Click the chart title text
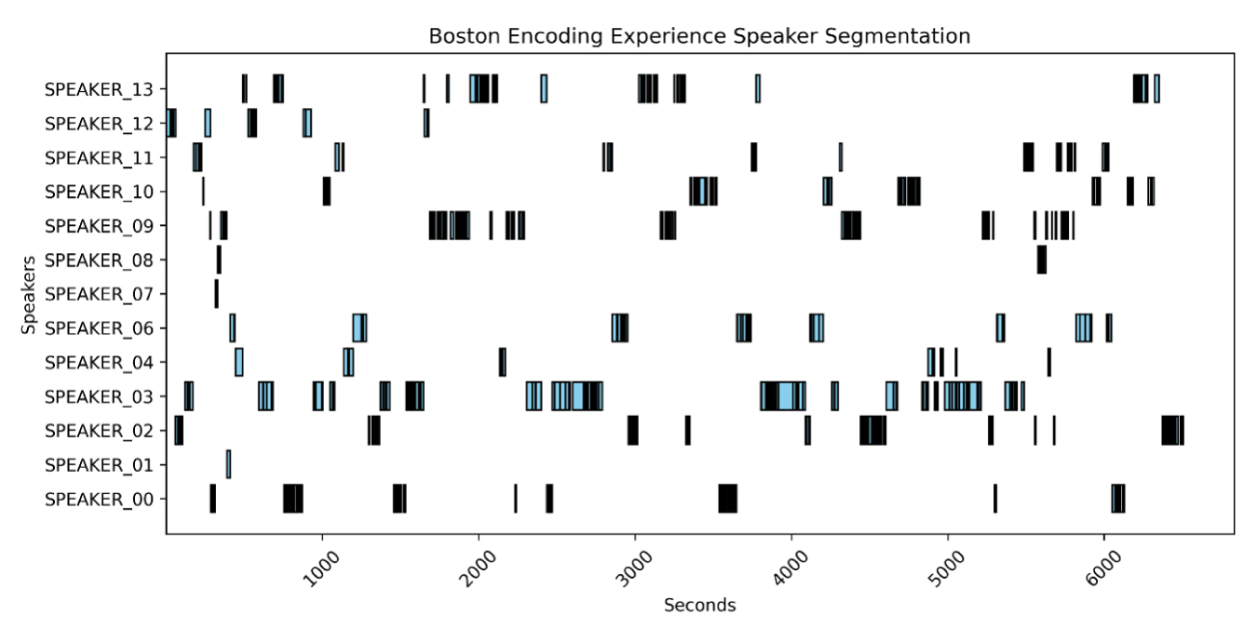pos(699,36)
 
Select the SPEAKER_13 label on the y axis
pos(105,89)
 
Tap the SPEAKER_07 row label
pos(105,294)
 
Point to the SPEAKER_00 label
pos(105,499)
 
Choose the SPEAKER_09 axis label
pos(105,226)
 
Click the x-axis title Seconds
pos(699,606)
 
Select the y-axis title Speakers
pos(30,294)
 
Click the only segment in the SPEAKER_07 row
pos(216,294)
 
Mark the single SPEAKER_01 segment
pos(228,464)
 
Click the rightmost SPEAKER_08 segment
pos(1041,260)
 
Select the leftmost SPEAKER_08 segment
pos(219,260)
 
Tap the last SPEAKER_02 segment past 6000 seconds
pos(1172,431)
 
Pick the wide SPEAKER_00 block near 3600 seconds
pos(727,499)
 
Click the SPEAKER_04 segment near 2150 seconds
pos(502,362)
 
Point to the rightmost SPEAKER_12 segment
pos(426,124)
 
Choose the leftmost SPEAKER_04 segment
pos(239,362)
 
